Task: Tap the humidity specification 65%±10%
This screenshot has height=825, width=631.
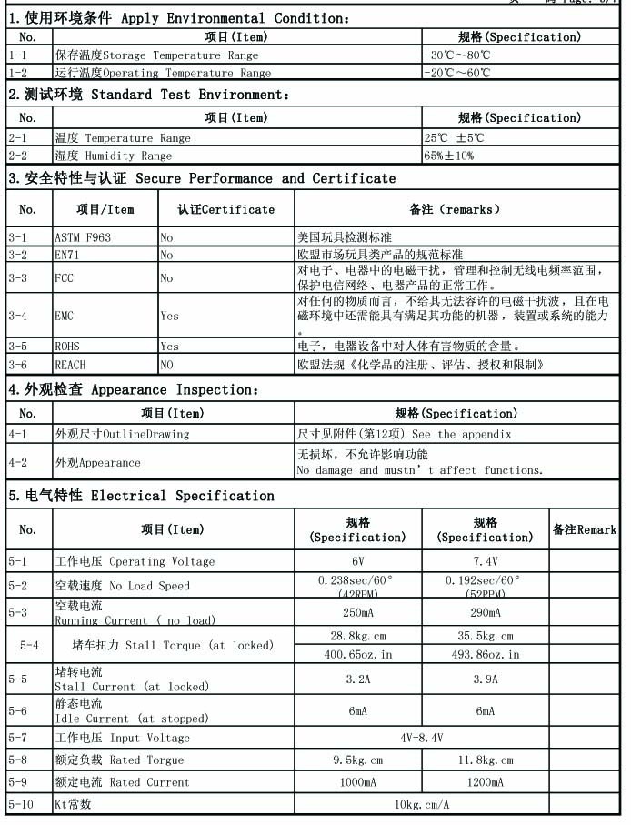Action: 449,156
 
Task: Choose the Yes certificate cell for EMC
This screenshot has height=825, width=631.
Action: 170,317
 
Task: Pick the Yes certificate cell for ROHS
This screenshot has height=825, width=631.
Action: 170,347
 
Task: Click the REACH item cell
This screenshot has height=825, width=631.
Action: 71,365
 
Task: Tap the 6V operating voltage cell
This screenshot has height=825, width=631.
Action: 357,561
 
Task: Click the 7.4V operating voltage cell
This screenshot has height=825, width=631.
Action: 485,561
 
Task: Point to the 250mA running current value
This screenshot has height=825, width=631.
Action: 357,613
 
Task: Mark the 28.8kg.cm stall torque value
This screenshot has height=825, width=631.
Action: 357,636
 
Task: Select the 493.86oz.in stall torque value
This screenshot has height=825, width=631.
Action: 485,654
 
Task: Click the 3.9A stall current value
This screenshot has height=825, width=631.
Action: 485,679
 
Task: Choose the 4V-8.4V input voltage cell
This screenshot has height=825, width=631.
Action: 421,738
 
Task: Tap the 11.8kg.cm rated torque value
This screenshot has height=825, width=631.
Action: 485,760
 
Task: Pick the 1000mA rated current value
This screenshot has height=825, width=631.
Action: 357,782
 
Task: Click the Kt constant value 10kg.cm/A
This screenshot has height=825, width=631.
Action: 421,805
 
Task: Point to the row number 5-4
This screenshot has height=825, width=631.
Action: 29,645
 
